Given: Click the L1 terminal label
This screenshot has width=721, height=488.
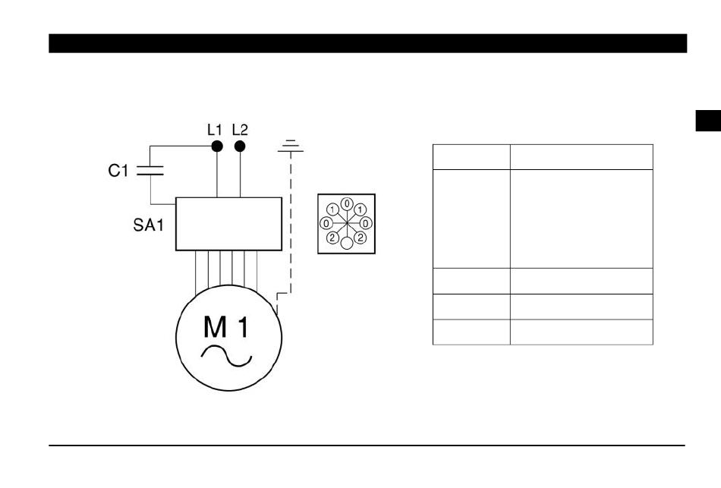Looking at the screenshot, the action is tap(216, 129).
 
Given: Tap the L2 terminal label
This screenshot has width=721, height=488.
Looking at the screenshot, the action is tap(240, 129).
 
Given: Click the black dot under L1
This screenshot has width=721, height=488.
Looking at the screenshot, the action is tap(217, 146).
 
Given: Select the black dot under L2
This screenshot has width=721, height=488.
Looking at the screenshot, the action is tap(241, 146).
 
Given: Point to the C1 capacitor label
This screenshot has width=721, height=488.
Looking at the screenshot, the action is tap(118, 172).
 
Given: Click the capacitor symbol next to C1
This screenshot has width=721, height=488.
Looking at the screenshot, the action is tap(150, 172).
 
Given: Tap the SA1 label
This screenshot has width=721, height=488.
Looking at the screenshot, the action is tap(144, 225).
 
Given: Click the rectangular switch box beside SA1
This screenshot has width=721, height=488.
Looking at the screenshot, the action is tap(228, 223).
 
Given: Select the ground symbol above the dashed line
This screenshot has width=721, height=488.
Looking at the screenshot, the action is tap(290, 146).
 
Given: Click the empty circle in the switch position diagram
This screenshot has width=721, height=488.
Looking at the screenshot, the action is tap(347, 243).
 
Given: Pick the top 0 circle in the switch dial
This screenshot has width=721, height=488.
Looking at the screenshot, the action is tap(347, 204).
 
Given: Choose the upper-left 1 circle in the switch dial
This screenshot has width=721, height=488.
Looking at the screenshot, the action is tap(332, 209).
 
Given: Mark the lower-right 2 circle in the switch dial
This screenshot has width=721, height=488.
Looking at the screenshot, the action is tap(360, 238).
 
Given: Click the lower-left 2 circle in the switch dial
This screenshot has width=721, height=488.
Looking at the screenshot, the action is tap(332, 238).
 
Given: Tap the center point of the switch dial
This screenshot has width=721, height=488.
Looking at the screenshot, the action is tap(347, 223).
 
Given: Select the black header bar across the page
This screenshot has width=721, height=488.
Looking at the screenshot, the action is tap(367, 43).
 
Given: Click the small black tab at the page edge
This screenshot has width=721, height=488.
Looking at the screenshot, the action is tap(708, 121).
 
